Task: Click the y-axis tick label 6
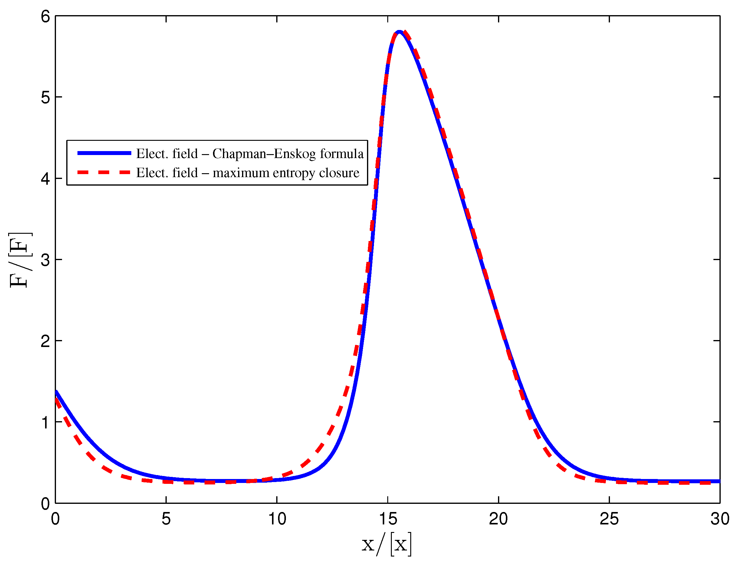pyautogui.click(x=45, y=16)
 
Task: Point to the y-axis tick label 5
pyautogui.click(x=45, y=97)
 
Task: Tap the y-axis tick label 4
pyautogui.click(x=45, y=179)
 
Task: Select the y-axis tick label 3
pyautogui.click(x=45, y=260)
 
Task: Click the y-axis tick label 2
pyautogui.click(x=45, y=341)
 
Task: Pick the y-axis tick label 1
pyautogui.click(x=45, y=422)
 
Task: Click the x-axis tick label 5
pyautogui.click(x=166, y=519)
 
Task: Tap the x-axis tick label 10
pyautogui.click(x=277, y=519)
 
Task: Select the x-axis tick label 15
pyautogui.click(x=388, y=519)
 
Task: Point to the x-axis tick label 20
pyautogui.click(x=498, y=519)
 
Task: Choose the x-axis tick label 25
pyautogui.click(x=609, y=519)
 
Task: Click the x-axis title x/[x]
pyautogui.click(x=386, y=544)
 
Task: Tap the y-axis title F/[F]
pyautogui.click(x=20, y=260)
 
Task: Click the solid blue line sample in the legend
pyautogui.click(x=104, y=153)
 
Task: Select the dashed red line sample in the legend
pyautogui.click(x=104, y=173)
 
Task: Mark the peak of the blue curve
pyautogui.click(x=399, y=32)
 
